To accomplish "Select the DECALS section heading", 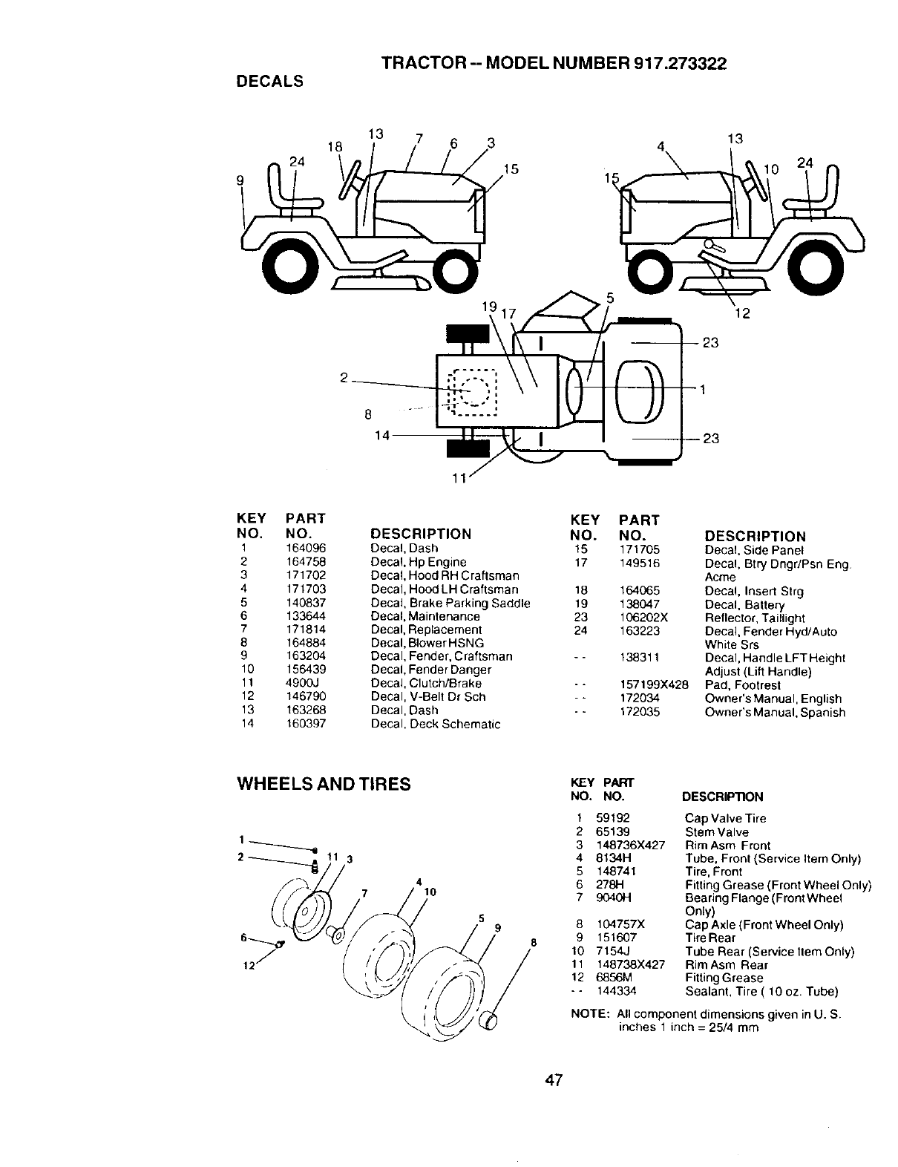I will coord(269,82).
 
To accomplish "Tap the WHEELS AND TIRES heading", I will coord(323,784).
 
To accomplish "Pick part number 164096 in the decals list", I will coord(306,549).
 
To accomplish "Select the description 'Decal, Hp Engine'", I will coord(419,562).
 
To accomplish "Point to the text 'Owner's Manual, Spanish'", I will coord(774,713).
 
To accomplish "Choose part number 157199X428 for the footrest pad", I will coord(653,685).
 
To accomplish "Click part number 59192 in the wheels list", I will coord(612,819).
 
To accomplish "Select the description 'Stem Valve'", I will coord(716,832).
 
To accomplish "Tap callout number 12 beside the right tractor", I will coord(743,314).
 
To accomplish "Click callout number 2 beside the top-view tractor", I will coord(344,377).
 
